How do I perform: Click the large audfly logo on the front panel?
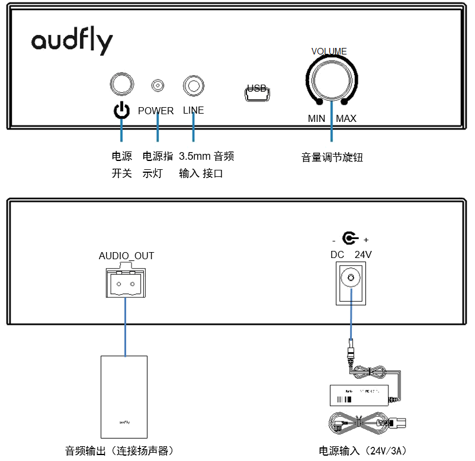tap(72, 42)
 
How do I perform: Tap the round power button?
tap(121, 85)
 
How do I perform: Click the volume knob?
tap(332, 82)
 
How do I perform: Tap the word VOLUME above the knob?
tap(329, 51)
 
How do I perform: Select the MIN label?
tap(316, 118)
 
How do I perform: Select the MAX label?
tap(346, 118)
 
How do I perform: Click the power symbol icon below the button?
tap(121, 110)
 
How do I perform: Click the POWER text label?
tap(156, 111)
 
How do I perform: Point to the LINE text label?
tap(193, 111)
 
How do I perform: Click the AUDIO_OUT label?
tap(126, 256)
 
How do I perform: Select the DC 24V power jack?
tap(351, 279)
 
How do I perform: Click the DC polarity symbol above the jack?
tap(350, 239)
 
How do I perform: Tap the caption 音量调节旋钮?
tap(332, 157)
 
